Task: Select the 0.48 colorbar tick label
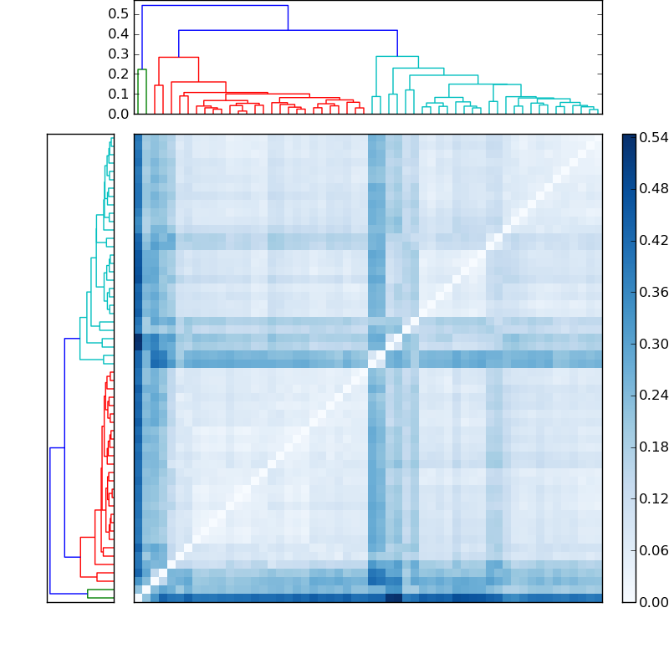pyautogui.click(x=652, y=188)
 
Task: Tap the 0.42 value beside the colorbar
pyautogui.click(x=652, y=240)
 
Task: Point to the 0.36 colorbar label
pyautogui.click(x=652, y=292)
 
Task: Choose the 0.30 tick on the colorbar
pyautogui.click(x=652, y=344)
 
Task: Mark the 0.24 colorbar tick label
pyautogui.click(x=652, y=396)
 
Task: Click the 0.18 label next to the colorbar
pyautogui.click(x=652, y=447)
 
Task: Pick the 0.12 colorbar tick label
pyautogui.click(x=652, y=499)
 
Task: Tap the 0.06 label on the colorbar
pyautogui.click(x=652, y=551)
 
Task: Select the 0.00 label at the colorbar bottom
pyautogui.click(x=652, y=602)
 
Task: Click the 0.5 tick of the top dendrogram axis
pyautogui.click(x=120, y=14)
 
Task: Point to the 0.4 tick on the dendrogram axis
pyautogui.click(x=120, y=34)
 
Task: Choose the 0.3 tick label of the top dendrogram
pyautogui.click(x=120, y=54)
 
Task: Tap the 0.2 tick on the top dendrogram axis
pyautogui.click(x=120, y=74)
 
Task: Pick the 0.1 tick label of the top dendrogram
pyautogui.click(x=120, y=94)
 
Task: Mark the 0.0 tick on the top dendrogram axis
pyautogui.click(x=120, y=114)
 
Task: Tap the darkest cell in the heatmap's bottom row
pyautogui.click(x=393, y=598)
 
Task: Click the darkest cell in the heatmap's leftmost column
pyautogui.click(x=138, y=343)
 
